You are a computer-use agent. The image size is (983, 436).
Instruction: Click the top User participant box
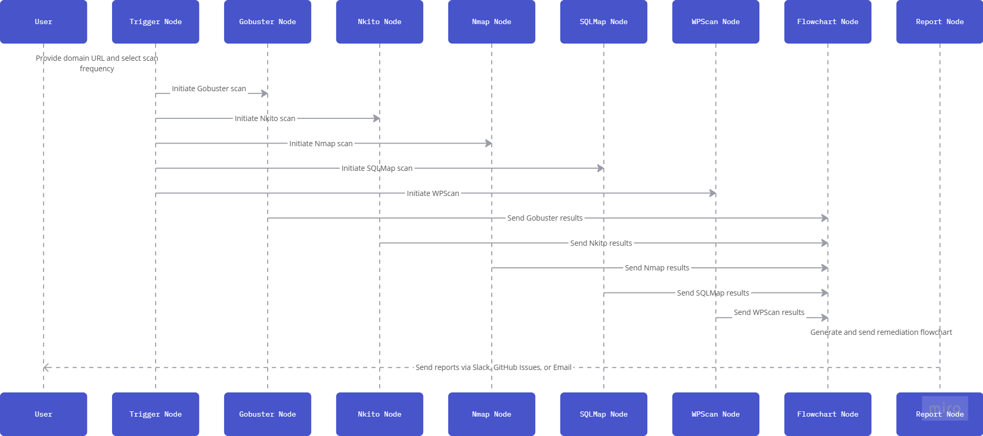point(43,21)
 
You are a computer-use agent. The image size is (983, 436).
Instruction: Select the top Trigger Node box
point(156,21)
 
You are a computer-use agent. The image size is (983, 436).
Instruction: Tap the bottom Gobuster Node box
point(268,414)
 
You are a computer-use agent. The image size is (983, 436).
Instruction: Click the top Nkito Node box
point(380,21)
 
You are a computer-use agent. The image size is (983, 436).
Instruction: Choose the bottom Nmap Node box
point(492,414)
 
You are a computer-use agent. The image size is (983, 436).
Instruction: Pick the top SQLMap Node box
point(604,21)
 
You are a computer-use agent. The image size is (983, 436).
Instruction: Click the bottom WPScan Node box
point(716,414)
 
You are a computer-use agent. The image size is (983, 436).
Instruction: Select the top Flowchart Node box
point(828,21)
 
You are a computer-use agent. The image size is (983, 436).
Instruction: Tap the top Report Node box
point(940,21)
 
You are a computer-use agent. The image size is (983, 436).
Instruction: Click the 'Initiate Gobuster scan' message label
point(209,89)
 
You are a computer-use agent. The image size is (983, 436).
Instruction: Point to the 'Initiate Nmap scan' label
point(321,144)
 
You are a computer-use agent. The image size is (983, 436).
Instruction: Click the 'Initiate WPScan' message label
point(433,193)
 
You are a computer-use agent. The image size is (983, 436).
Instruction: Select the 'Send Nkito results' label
point(601,243)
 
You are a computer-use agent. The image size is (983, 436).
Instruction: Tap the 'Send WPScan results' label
point(769,312)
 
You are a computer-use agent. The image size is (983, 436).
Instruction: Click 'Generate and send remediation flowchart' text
point(881,332)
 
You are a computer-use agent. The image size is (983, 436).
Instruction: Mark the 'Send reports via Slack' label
point(493,367)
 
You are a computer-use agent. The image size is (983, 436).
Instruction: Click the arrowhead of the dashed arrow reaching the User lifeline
point(46,367)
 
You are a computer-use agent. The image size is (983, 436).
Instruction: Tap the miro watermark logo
point(945,408)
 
